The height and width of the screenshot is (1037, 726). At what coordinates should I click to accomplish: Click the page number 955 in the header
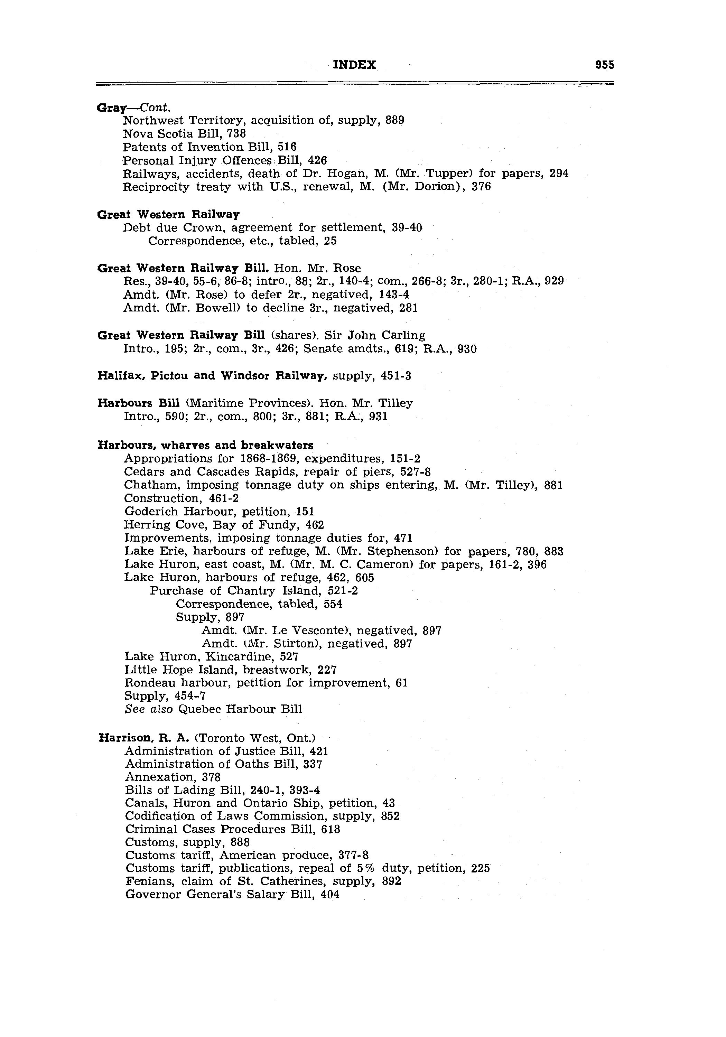coord(604,65)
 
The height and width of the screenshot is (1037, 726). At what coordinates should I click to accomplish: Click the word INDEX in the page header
coord(354,65)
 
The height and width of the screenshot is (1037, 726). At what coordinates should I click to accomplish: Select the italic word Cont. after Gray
coord(155,108)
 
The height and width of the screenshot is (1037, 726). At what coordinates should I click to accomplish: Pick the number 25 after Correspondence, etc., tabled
coord(330,241)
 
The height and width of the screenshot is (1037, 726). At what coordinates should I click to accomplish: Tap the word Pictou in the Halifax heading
coord(169,376)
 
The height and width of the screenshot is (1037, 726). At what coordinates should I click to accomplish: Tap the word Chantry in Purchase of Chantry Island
coord(251,591)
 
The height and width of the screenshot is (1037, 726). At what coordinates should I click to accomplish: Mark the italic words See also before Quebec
coord(148,709)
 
